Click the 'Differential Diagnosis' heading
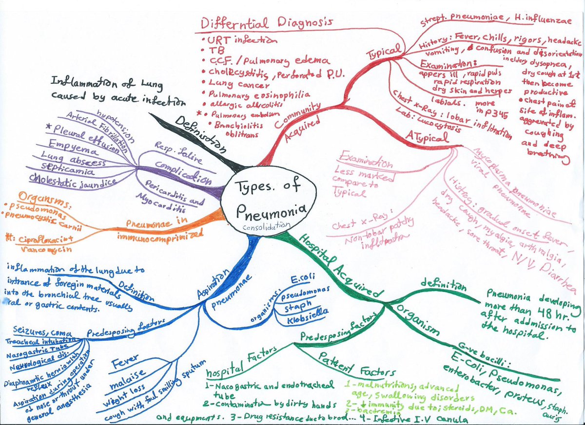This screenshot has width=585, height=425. (x=267, y=22)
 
